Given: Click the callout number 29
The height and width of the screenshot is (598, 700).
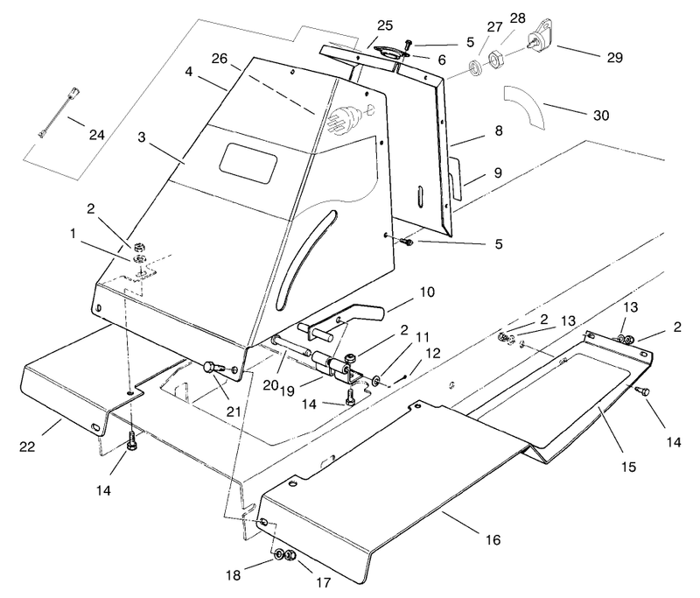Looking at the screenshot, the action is tap(614, 58).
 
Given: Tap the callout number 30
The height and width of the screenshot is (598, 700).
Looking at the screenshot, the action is tap(601, 116).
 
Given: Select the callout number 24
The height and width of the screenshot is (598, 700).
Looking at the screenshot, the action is tap(97, 135).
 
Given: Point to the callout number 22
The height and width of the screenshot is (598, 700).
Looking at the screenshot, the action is tap(27, 447).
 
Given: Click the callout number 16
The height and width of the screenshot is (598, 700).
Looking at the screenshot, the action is tap(493, 540).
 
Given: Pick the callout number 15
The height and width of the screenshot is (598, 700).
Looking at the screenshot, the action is tap(628, 467).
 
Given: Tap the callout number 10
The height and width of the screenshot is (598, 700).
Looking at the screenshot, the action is tap(427, 292).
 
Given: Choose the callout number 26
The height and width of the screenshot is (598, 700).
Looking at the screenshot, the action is tap(220, 59).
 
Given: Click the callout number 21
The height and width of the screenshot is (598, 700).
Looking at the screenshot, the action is tap(234, 412).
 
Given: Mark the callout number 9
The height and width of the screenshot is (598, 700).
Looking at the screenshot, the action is tap(498, 172).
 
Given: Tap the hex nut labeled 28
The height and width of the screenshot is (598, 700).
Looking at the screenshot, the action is tap(494, 60).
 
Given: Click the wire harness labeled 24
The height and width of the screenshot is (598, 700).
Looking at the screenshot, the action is tap(59, 113).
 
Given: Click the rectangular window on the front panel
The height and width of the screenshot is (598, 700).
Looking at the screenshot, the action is tap(248, 164).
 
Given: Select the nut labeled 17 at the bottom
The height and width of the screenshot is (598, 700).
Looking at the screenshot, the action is tap(290, 556).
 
